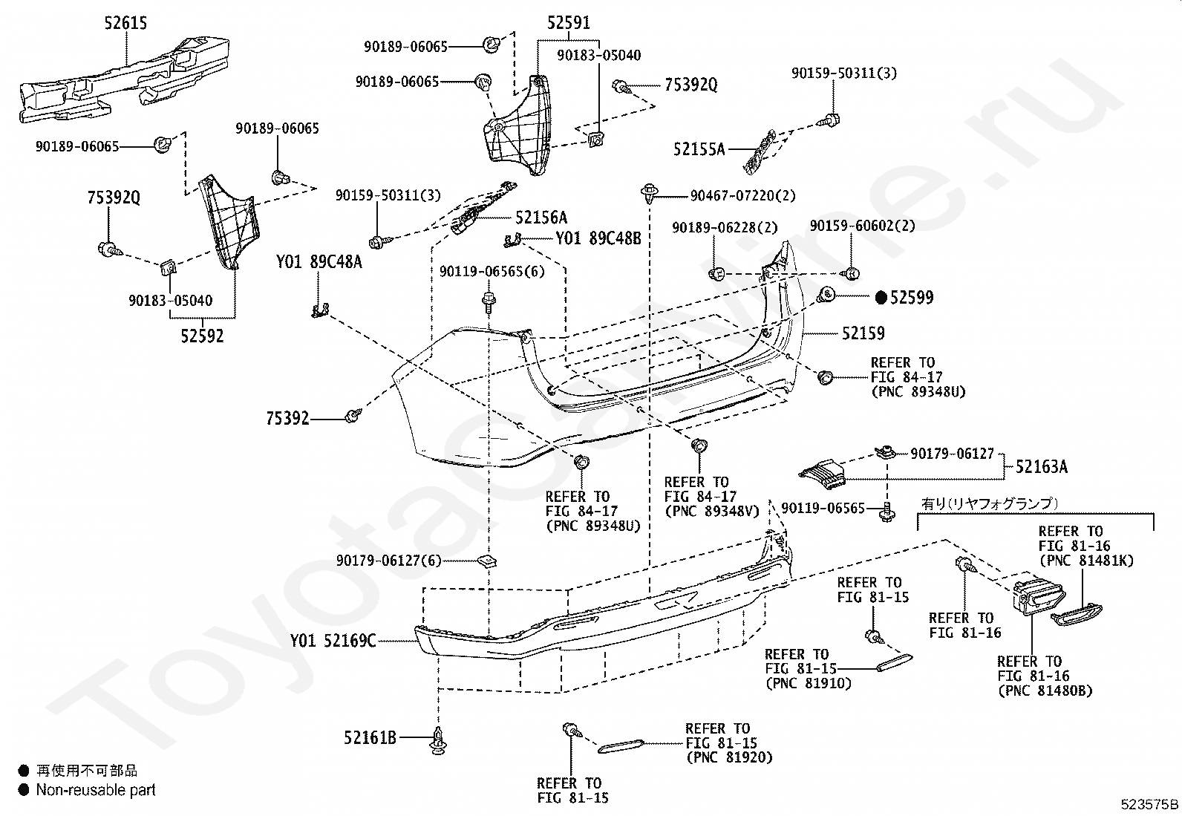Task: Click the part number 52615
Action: coord(125,23)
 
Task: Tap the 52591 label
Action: coord(568,23)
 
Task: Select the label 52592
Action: coord(202,336)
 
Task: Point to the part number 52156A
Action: coord(541,218)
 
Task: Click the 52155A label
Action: coord(699,149)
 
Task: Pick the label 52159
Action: coord(863,333)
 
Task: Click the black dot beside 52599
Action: coord(881,298)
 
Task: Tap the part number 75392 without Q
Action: coord(287,419)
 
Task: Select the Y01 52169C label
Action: coord(333,641)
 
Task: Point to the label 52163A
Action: coord(1042,466)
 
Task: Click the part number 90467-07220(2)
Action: coord(743,196)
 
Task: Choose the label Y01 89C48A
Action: coord(319,262)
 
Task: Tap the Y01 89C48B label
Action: coord(598,238)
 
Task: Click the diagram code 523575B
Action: coord(1149,804)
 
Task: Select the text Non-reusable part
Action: coord(96,790)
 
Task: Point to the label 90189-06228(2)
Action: coord(725,227)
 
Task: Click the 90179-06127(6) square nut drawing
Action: coord(487,561)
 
